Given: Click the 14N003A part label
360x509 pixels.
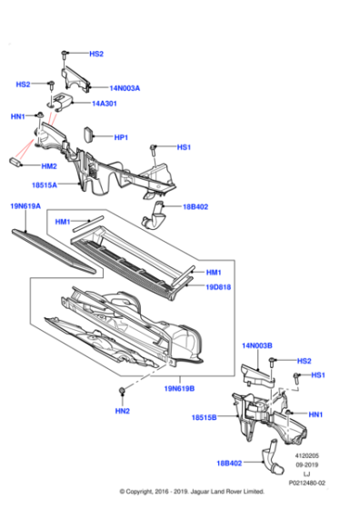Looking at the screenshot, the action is pyautogui.click(x=125, y=88).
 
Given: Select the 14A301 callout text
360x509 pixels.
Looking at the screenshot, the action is pyautogui.click(x=105, y=104).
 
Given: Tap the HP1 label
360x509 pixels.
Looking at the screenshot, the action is pyautogui.click(x=121, y=137).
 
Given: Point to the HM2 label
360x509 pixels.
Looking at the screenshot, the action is pyautogui.click(x=49, y=166).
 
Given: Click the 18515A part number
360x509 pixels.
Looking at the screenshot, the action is pyautogui.click(x=45, y=185).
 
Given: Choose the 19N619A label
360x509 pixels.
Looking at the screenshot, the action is pyautogui.click(x=25, y=206).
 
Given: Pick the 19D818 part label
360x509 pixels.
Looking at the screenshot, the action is pyautogui.click(x=218, y=287).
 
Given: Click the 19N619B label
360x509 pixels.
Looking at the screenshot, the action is pyautogui.click(x=179, y=388).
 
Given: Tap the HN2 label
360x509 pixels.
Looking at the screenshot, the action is pyautogui.click(x=123, y=411).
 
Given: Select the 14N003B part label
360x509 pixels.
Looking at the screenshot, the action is pyautogui.click(x=257, y=345).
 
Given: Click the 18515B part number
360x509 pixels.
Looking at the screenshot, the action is pyautogui.click(x=204, y=417).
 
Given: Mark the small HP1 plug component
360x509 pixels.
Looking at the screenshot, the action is pyautogui.click(x=88, y=135).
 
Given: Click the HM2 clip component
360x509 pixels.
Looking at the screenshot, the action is pyautogui.click(x=15, y=162).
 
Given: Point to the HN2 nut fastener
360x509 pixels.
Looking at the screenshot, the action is pyautogui.click(x=123, y=391).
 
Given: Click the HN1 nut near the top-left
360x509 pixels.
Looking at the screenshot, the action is pyautogui.click(x=40, y=115).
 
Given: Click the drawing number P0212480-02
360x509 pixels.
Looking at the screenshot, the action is pyautogui.click(x=306, y=483).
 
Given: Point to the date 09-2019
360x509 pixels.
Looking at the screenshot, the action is pyautogui.click(x=306, y=464).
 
